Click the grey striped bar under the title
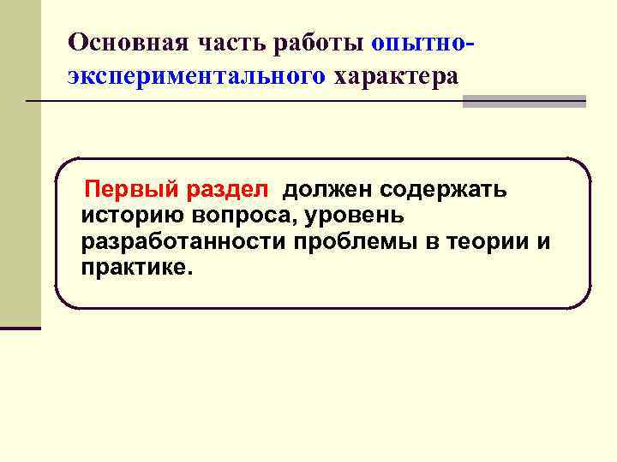[524, 101]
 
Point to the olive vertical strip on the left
[20, 163]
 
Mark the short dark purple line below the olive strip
[20, 327]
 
